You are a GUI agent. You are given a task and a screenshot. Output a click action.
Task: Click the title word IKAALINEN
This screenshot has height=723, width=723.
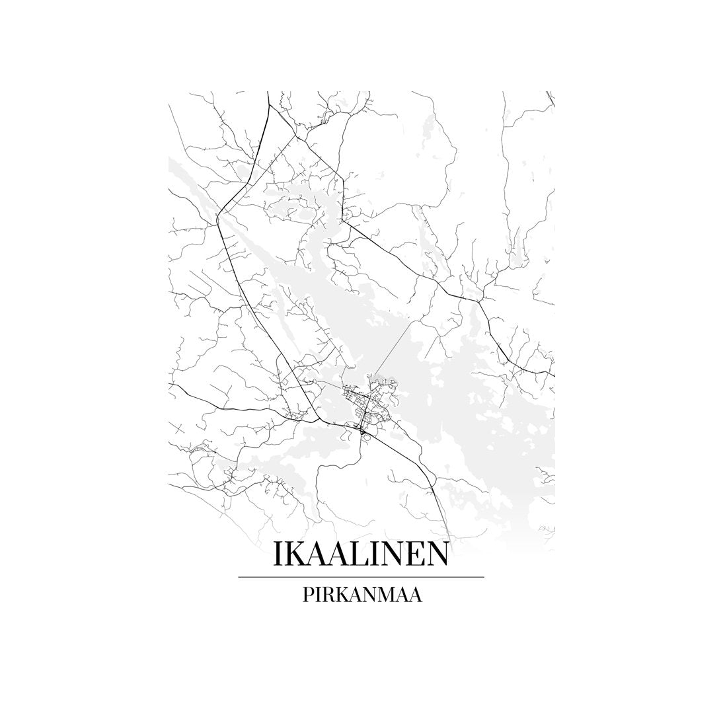click(361, 554)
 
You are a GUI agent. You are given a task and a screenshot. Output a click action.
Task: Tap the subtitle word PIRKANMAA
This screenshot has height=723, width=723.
click(361, 594)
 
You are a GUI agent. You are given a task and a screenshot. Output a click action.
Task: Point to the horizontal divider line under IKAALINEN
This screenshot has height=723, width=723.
click(361, 577)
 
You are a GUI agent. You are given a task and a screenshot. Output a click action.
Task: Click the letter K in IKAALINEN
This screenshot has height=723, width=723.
click(295, 554)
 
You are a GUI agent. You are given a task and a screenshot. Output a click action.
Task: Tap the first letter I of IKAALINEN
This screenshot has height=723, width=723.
click(278, 554)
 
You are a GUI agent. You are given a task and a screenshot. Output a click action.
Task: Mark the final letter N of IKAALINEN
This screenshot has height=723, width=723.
click(436, 554)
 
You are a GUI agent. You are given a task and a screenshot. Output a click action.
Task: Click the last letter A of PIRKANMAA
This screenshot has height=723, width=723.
click(417, 594)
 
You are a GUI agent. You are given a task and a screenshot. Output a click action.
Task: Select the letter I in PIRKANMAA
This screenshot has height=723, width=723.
click(320, 594)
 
